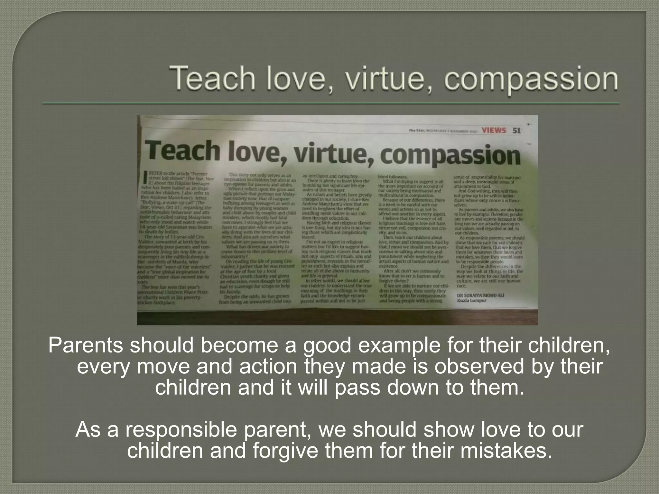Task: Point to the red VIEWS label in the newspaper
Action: (x=494, y=130)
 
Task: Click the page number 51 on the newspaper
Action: (x=516, y=130)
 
